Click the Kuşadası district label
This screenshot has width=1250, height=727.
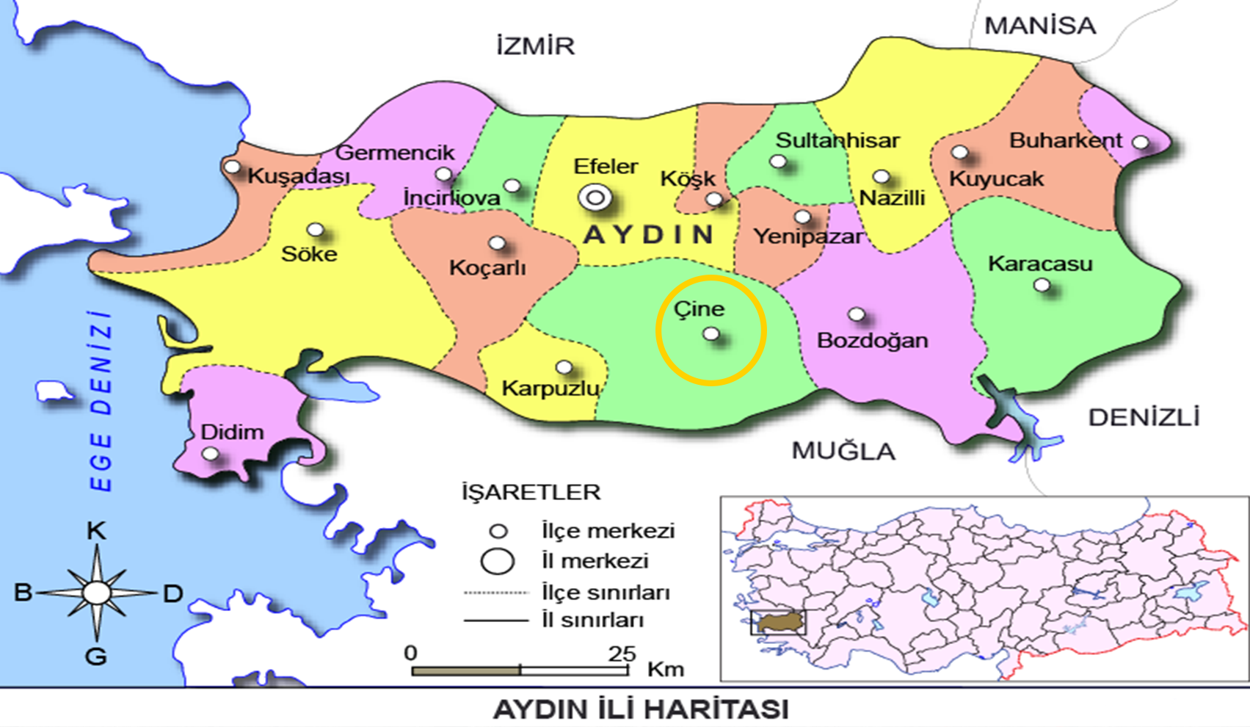(298, 176)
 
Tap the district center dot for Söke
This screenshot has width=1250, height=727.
(316, 230)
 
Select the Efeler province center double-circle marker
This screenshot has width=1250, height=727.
(595, 198)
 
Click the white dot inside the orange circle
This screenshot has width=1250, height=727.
(711, 334)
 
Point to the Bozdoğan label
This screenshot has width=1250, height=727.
(872, 341)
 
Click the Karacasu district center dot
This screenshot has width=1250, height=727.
(1042, 285)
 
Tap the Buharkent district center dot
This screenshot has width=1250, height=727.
(1140, 142)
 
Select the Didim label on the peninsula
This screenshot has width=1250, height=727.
(232, 432)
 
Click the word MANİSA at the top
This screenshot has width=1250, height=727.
(1039, 26)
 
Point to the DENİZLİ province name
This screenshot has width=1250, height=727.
(1144, 418)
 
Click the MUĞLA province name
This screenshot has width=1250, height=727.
(843, 451)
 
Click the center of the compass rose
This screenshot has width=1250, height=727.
(96, 593)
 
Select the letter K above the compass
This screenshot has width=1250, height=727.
(96, 531)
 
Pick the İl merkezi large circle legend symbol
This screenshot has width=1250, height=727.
(497, 561)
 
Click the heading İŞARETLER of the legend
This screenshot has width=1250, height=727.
(531, 492)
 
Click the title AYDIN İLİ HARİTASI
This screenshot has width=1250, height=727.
(640, 709)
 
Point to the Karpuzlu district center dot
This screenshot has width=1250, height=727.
(564, 367)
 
